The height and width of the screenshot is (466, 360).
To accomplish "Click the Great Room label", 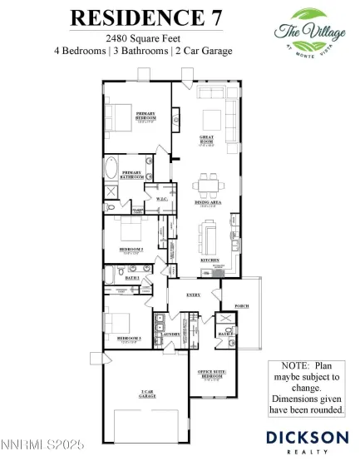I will coord(207,139).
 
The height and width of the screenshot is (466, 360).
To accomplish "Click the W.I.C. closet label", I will coord(162,199).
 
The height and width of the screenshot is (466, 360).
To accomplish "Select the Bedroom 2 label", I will coord(131,249).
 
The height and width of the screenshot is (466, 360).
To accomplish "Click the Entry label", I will coord(193,295).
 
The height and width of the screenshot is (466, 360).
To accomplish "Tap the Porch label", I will coord(242,305).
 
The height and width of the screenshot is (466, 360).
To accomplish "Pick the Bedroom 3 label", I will coord(128,339).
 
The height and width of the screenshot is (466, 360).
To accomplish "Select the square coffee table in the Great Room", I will coord(210,116).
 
